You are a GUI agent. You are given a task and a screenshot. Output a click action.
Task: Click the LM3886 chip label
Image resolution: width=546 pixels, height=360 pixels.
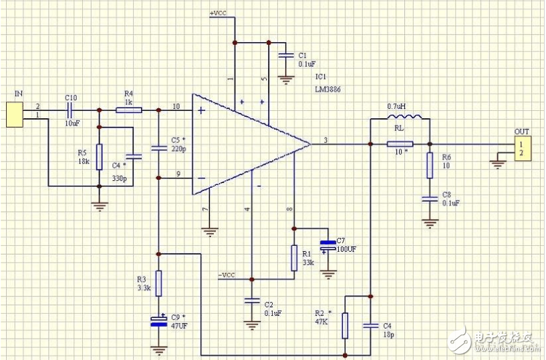[x=329, y=89]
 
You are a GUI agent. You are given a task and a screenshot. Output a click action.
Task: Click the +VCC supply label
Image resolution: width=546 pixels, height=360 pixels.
[x=219, y=13]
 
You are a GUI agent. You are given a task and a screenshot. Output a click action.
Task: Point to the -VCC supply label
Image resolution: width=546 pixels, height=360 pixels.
[x=227, y=275]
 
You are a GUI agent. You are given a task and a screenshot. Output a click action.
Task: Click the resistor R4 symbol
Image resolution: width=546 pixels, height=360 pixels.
[x=128, y=110]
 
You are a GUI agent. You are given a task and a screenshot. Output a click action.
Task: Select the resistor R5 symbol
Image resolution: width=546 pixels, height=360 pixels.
[x=99, y=157]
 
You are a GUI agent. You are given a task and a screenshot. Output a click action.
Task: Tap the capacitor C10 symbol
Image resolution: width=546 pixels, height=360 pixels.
[x=71, y=110]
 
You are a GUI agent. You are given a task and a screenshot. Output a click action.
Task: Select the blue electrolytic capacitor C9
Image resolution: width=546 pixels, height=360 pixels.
[x=158, y=321]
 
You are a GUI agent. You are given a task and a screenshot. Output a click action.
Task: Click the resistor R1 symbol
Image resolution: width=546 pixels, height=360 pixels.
[x=293, y=258]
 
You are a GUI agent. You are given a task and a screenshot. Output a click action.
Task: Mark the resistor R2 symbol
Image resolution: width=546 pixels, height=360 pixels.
[x=345, y=325]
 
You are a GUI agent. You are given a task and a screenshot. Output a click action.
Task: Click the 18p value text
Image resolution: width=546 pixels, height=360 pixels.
[x=388, y=334]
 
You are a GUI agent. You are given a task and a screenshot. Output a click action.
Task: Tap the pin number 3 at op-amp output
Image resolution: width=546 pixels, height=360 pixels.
[x=325, y=140]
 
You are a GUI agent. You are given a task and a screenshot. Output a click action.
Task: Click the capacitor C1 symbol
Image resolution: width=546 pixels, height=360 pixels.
[x=286, y=55]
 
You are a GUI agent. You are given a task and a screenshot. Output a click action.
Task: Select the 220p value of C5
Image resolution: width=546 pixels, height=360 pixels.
[x=177, y=149]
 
